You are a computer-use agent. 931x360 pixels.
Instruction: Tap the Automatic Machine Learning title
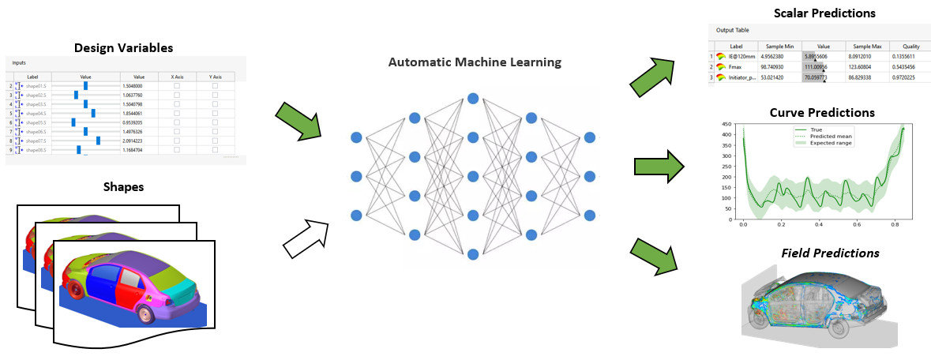pos(474,62)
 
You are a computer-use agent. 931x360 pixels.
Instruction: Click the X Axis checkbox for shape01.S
pos(177,85)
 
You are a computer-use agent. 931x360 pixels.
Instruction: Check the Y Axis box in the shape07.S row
pos(215,141)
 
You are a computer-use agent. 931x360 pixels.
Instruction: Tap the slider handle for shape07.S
pos(98,141)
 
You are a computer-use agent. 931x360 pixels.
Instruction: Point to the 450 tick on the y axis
pos(728,126)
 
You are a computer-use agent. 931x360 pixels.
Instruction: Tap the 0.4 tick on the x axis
pos(819,225)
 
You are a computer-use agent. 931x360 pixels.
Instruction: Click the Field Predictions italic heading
pos(829,253)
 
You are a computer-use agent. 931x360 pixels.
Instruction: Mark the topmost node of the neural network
pos(473,98)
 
